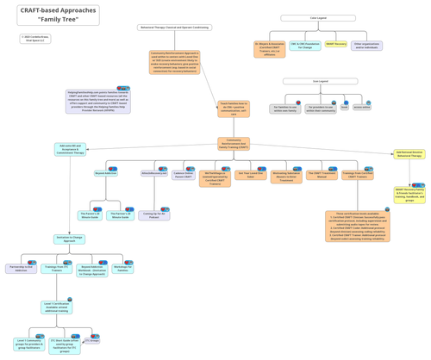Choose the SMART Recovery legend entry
(336, 44)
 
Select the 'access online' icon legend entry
(361, 108)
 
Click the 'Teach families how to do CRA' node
(234, 109)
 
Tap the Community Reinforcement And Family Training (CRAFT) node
(234, 144)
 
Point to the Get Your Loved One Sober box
(251, 175)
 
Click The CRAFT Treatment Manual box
(322, 175)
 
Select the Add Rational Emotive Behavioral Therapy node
(409, 154)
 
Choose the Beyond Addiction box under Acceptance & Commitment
(106, 173)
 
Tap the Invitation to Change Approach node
(70, 239)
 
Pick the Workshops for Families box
(123, 269)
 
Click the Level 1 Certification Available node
(56, 307)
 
